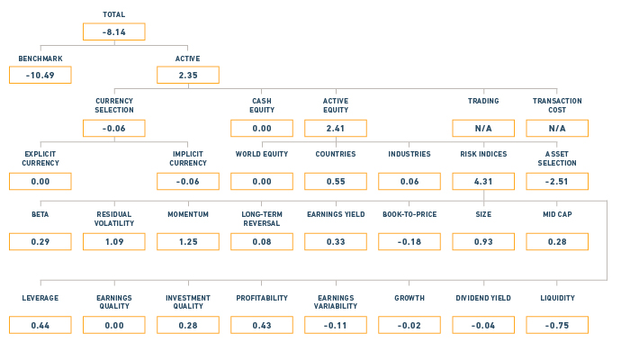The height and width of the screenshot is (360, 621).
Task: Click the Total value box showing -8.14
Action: point(114,31)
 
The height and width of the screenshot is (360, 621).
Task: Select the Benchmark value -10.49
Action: point(40,75)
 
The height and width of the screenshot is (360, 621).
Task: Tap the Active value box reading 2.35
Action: point(188,75)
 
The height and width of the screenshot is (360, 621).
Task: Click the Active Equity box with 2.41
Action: point(336,129)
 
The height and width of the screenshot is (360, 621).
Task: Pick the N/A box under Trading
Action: point(483,129)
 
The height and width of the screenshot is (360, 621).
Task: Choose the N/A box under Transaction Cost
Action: point(557,129)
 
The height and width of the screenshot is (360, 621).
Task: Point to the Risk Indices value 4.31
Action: point(483,182)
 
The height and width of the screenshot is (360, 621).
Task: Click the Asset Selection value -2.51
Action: point(557,182)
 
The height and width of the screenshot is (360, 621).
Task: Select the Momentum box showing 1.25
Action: point(188,241)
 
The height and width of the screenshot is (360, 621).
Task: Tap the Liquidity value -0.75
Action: point(557,325)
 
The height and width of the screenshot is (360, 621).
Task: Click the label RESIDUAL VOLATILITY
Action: point(114,219)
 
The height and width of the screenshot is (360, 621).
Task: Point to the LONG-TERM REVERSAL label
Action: point(262,219)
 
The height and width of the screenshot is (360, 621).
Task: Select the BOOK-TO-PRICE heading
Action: point(409,214)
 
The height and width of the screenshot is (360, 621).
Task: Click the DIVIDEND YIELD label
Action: point(483,298)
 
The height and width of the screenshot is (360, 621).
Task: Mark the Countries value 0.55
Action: point(336,182)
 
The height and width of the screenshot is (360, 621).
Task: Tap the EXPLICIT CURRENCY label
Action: point(40,158)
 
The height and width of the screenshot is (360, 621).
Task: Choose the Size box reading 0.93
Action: point(483,241)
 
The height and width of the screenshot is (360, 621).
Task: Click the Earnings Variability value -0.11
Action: point(336,325)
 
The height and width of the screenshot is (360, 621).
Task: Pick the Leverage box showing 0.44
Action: point(40,325)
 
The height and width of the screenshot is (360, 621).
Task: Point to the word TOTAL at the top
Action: point(114,14)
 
